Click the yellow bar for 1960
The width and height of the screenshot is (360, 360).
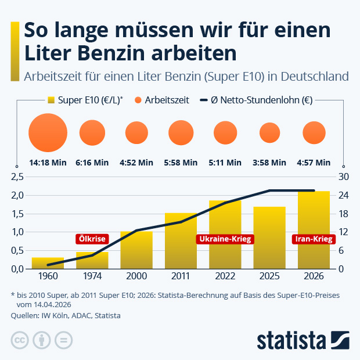coord(48,263)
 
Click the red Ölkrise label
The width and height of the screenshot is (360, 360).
coord(92,239)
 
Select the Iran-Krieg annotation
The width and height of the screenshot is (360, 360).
coord(314,239)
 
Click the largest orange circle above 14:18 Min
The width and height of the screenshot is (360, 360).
coord(48,133)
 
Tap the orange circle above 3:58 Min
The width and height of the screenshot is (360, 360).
coord(269,133)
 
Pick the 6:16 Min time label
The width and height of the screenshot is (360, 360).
coord(92,163)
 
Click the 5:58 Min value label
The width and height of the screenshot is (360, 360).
coord(181,163)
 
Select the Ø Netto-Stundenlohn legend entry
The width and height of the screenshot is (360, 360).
coord(255,100)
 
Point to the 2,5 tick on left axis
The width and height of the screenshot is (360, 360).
coord(18,177)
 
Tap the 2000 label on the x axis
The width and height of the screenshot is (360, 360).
coord(136,278)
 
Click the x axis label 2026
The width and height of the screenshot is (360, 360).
coord(314,278)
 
